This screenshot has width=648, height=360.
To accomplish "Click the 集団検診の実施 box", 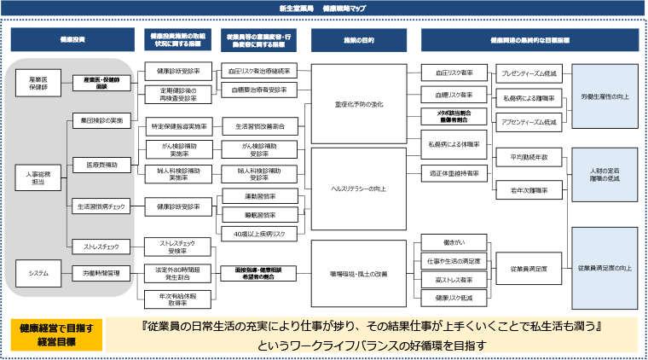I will point(101,120).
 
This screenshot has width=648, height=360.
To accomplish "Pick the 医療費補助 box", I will point(101,163).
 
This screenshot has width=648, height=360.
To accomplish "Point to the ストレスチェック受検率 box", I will point(179,247).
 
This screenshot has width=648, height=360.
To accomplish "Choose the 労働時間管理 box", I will point(101,273).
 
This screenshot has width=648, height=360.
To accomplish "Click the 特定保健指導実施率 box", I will point(179,125).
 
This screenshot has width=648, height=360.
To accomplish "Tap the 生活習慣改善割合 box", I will point(260,125).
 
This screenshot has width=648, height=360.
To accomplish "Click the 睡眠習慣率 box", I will point(260,214).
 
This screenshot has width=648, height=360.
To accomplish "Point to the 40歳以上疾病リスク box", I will point(260,233).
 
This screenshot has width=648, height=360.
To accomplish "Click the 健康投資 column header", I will point(72,40).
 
